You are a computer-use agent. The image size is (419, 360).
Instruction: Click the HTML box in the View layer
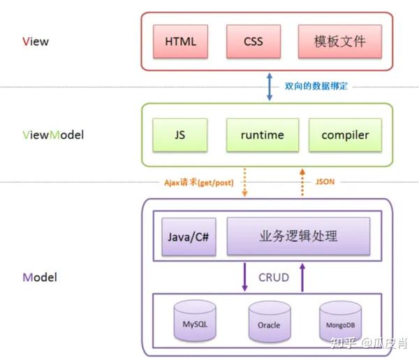click(x=180, y=41)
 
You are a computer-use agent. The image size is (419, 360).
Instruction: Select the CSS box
click(x=253, y=41)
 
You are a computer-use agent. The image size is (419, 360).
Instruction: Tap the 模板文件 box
click(x=340, y=41)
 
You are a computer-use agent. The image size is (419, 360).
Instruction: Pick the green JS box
click(x=180, y=135)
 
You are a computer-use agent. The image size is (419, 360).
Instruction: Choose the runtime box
click(x=263, y=135)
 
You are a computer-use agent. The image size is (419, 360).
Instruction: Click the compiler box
click(x=345, y=135)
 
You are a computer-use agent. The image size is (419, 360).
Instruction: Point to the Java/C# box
click(x=189, y=237)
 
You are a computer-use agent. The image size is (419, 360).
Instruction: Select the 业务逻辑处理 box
click(x=298, y=236)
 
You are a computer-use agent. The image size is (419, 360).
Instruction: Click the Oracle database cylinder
click(x=270, y=322)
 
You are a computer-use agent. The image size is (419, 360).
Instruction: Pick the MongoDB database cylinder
click(x=341, y=322)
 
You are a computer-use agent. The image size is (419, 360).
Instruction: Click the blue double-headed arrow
click(x=270, y=87)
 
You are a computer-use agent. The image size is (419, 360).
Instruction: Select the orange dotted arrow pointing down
click(x=244, y=182)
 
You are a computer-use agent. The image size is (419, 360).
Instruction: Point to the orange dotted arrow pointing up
click(x=302, y=182)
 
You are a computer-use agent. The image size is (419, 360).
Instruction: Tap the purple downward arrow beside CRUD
click(x=244, y=277)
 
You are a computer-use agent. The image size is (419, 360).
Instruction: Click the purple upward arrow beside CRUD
click(x=302, y=277)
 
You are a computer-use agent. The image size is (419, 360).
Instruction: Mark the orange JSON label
click(x=325, y=181)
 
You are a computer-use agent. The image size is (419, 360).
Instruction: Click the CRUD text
click(x=274, y=278)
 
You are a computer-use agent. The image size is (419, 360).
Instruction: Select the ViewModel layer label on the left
click(x=53, y=135)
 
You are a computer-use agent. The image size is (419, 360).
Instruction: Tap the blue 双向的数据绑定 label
click(x=316, y=86)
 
